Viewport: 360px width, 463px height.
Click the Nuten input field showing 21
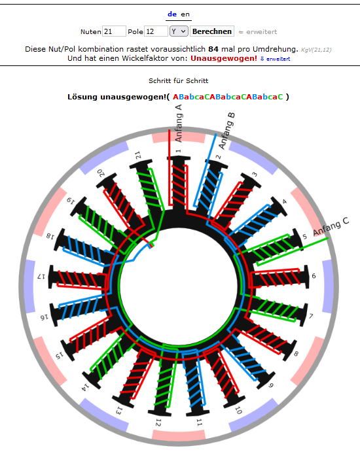tap(114, 31)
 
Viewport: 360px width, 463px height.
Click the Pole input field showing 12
tap(156, 31)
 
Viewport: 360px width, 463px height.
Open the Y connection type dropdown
tap(179, 31)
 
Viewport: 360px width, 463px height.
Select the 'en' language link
tap(185, 14)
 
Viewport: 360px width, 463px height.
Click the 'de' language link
tap(172, 14)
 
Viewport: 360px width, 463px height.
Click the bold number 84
tap(213, 49)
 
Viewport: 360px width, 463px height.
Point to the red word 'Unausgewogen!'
tap(224, 58)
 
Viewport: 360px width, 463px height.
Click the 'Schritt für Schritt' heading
tap(179, 81)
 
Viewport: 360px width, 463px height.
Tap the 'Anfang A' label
tap(179, 123)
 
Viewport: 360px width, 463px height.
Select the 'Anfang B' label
tap(227, 131)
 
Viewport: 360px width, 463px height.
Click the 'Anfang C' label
tap(331, 226)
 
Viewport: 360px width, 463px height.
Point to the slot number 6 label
tap(314, 276)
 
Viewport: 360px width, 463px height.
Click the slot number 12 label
tap(158, 422)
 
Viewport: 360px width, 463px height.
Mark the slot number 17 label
tap(41, 277)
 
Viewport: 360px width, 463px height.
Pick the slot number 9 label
tap(270, 385)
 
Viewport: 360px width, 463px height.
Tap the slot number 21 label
tap(138, 155)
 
